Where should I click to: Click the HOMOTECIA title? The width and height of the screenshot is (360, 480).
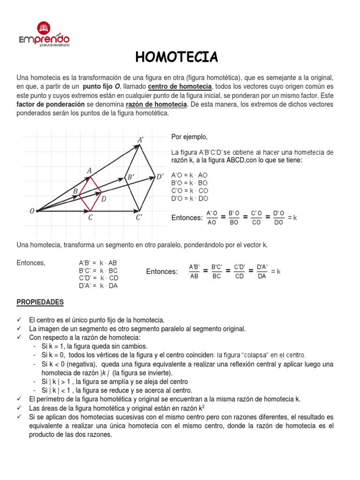tap(177, 57)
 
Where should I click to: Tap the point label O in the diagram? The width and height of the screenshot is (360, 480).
tap(32, 211)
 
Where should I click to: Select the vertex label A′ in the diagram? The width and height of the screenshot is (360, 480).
tap(141, 140)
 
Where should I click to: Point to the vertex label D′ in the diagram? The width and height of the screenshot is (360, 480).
tap(160, 177)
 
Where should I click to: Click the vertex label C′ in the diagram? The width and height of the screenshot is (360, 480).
tap(140, 217)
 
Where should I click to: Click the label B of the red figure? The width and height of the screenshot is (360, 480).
tap(75, 191)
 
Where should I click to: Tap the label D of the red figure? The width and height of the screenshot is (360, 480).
tap(104, 199)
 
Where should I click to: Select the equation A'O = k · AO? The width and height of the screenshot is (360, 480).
tap(189, 174)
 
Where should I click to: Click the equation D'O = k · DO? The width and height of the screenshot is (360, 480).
tap(189, 198)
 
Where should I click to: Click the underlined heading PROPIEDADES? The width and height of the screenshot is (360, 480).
tap(40, 302)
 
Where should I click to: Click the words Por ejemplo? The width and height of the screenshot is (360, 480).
tap(189, 136)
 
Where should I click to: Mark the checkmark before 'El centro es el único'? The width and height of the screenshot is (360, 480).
tap(20, 320)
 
